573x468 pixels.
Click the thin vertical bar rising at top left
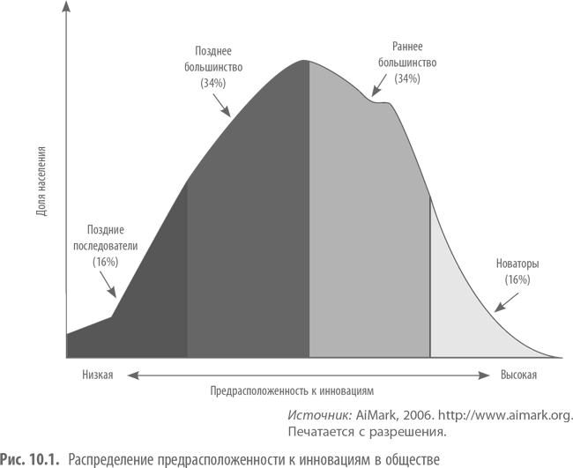coord(65,71)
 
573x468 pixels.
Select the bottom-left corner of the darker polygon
coord(68,357)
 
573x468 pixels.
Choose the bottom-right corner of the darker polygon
coord(186,357)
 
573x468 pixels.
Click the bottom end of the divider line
coord(430,357)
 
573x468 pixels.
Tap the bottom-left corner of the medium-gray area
coord(310,357)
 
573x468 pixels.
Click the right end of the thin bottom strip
coord(439,460)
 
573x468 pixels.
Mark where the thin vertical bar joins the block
coord(65,146)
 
